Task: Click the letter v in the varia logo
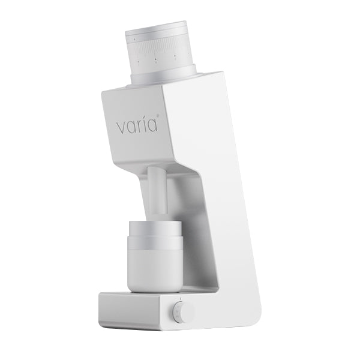121,127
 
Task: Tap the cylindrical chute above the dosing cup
157,192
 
